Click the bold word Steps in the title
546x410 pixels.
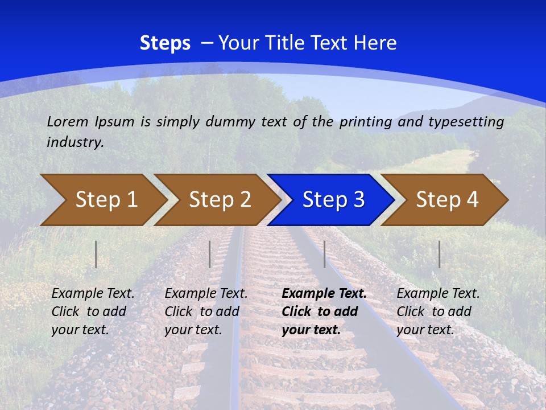[165, 43]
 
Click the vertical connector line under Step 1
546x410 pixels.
[96, 254]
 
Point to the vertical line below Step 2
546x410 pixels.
[210, 254]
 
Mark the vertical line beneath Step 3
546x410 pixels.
[324, 254]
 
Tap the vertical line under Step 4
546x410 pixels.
[439, 254]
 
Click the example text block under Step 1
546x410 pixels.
[92, 311]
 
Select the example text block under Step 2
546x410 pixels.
[205, 311]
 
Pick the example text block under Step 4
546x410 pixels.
[437, 311]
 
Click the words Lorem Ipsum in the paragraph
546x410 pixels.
[90, 122]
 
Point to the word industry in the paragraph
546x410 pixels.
[75, 142]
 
